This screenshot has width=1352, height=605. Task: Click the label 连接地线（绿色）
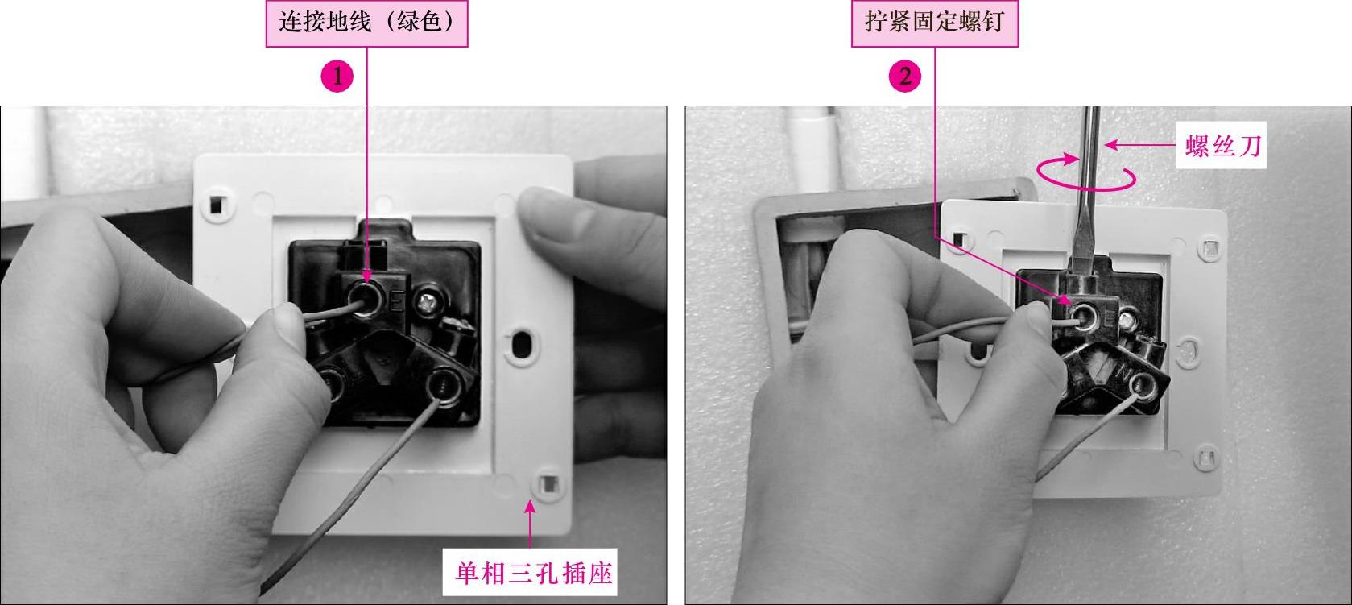click(366, 23)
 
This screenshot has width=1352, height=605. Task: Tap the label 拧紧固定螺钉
click(934, 23)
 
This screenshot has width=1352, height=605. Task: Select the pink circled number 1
click(337, 77)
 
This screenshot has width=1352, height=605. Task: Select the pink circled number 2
click(905, 77)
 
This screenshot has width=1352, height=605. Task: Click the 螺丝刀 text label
click(1222, 146)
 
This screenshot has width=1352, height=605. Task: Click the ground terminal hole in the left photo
click(366, 299)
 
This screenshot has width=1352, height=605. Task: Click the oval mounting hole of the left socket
click(519, 345)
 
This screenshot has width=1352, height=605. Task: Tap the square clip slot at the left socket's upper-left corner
click(216, 204)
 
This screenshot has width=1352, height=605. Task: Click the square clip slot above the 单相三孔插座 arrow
click(548, 484)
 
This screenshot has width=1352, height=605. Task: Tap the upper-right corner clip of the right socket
click(1209, 247)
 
